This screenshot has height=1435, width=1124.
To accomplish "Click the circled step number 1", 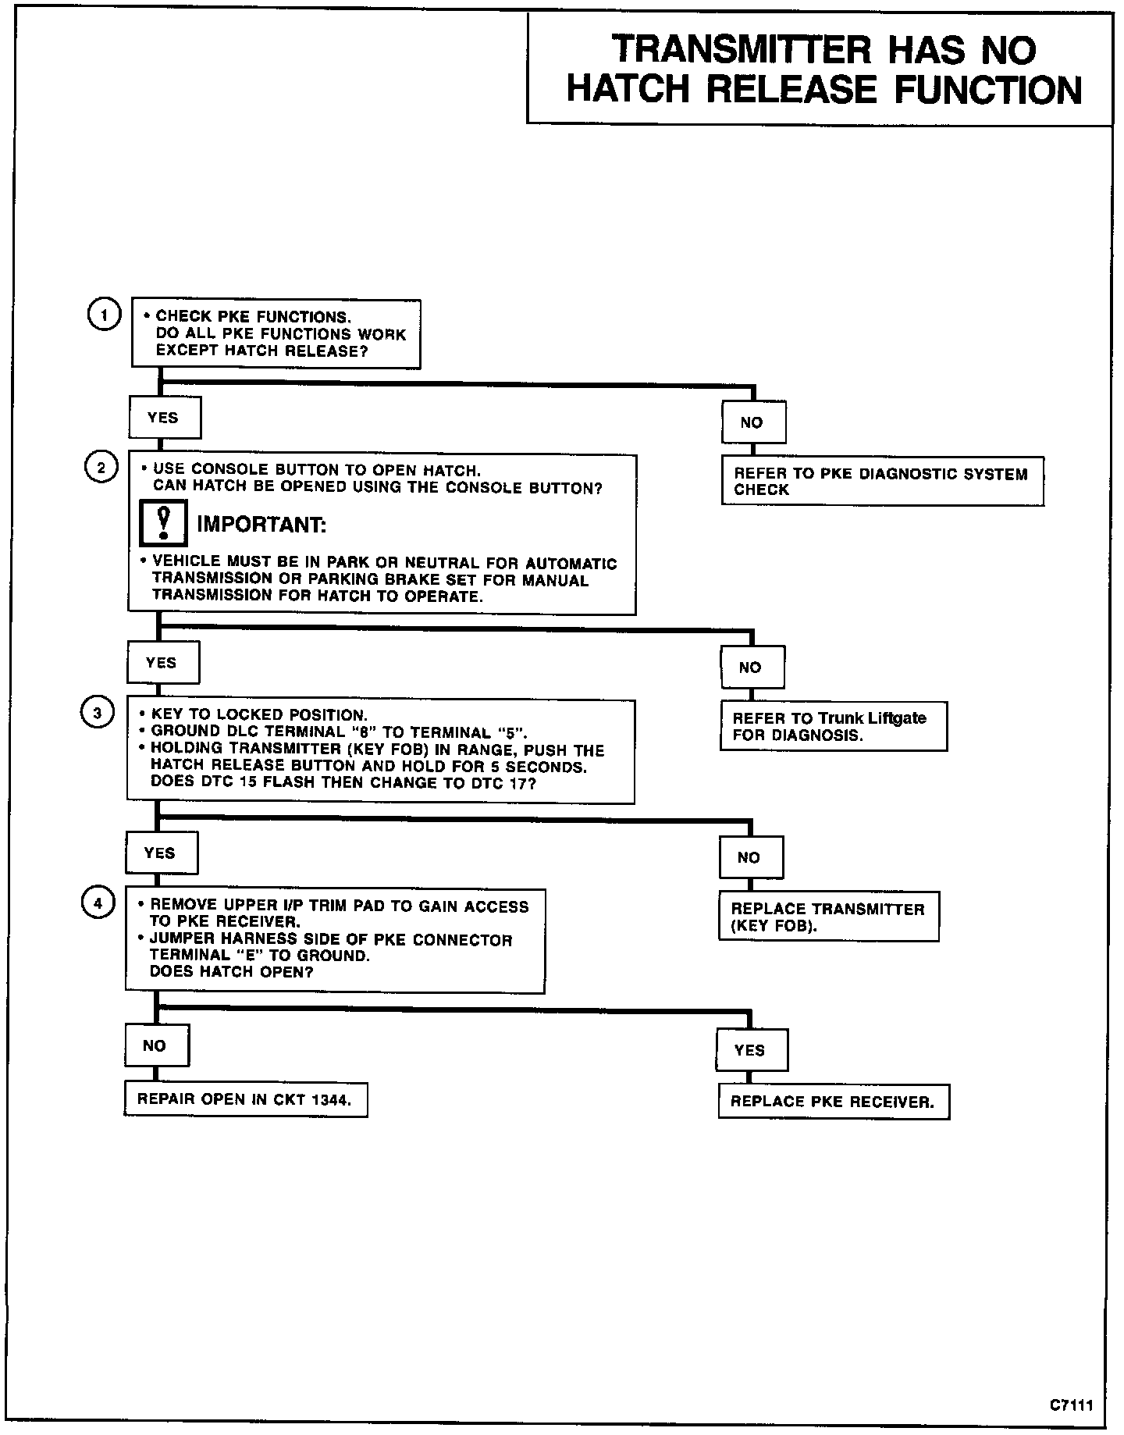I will pyautogui.click(x=102, y=315).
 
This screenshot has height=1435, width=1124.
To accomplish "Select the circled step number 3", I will pyautogui.click(x=97, y=713).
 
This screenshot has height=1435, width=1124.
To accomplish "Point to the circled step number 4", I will pyautogui.click(x=98, y=903).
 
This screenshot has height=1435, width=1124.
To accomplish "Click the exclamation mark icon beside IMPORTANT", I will pyautogui.click(x=163, y=523).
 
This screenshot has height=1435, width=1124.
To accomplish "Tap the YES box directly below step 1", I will pyautogui.click(x=164, y=418).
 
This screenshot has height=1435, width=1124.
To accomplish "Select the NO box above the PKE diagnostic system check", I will pyautogui.click(x=752, y=422).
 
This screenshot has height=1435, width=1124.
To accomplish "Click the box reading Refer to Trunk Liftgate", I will pyautogui.click(x=833, y=726).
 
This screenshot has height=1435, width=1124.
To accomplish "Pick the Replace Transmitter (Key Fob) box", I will pyautogui.click(x=828, y=917).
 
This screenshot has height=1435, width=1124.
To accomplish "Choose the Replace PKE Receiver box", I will pyautogui.click(x=833, y=1102).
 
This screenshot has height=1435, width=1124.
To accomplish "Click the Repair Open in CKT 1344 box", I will pyautogui.click(x=245, y=1099).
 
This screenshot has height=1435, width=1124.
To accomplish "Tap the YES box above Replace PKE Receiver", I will pyautogui.click(x=751, y=1050).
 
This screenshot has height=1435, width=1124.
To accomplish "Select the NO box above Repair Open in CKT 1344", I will pyautogui.click(x=155, y=1045).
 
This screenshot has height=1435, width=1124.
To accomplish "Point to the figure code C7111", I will pyautogui.click(x=1071, y=1405).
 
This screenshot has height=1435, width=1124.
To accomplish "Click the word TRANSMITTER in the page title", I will pyautogui.click(x=741, y=51).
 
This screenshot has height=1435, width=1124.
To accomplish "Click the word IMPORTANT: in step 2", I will pyautogui.click(x=261, y=524).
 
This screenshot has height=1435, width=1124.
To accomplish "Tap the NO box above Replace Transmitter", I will pyautogui.click(x=750, y=857).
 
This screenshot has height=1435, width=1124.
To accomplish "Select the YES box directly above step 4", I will pyautogui.click(x=161, y=853).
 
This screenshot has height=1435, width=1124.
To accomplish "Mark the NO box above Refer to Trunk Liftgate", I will pyautogui.click(x=752, y=667).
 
